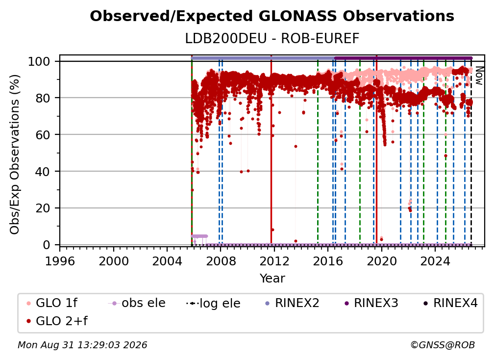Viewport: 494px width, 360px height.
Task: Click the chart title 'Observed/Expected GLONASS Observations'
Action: pyautogui.click(x=272, y=16)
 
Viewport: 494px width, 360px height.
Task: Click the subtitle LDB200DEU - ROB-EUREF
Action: pyautogui.click(x=272, y=39)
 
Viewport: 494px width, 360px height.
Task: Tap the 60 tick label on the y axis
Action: pyautogui.click(x=43, y=135)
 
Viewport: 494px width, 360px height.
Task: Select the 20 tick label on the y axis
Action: pyautogui.click(x=43, y=208)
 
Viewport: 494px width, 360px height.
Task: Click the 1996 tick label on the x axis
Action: pyautogui.click(x=60, y=261)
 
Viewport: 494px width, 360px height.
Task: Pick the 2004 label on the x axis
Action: pyautogui.click(x=167, y=261)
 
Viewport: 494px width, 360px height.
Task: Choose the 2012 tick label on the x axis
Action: pyautogui.click(x=274, y=261)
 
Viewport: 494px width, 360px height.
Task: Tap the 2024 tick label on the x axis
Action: pyautogui.click(x=435, y=261)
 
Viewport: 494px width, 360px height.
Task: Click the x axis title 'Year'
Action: pyautogui.click(x=272, y=279)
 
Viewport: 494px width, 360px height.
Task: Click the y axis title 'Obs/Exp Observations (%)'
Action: pyautogui.click(x=15, y=154)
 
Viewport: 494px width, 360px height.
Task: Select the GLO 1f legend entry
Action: pyautogui.click(x=52, y=303)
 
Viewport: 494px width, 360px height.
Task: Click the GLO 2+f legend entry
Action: pyautogui.click(x=57, y=321)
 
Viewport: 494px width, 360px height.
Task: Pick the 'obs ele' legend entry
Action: pyautogui.click(x=137, y=303)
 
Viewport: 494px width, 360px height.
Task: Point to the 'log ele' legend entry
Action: pyautogui.click(x=213, y=304)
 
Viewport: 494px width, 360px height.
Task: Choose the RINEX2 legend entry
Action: pyautogui.click(x=292, y=303)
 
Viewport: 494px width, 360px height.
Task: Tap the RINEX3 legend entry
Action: pyautogui.click(x=371, y=303)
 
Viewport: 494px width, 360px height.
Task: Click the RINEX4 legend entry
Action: pyautogui.click(x=450, y=303)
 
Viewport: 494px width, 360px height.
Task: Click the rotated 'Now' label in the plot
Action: pyautogui.click(x=479, y=76)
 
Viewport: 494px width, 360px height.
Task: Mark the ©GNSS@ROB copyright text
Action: pyautogui.click(x=443, y=345)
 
